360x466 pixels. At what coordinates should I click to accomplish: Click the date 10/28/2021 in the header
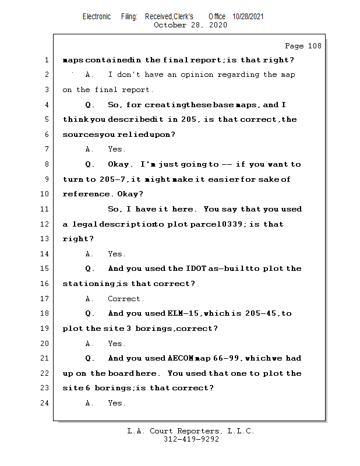[x=248, y=17]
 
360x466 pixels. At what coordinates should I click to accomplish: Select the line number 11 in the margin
[x=45, y=209]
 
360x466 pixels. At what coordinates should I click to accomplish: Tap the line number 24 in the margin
[x=45, y=403]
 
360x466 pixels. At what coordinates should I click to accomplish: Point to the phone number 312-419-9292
[x=191, y=440]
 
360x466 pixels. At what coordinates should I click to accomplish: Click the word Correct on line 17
[x=125, y=299]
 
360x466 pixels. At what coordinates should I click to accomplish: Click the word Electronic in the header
[x=97, y=17]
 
